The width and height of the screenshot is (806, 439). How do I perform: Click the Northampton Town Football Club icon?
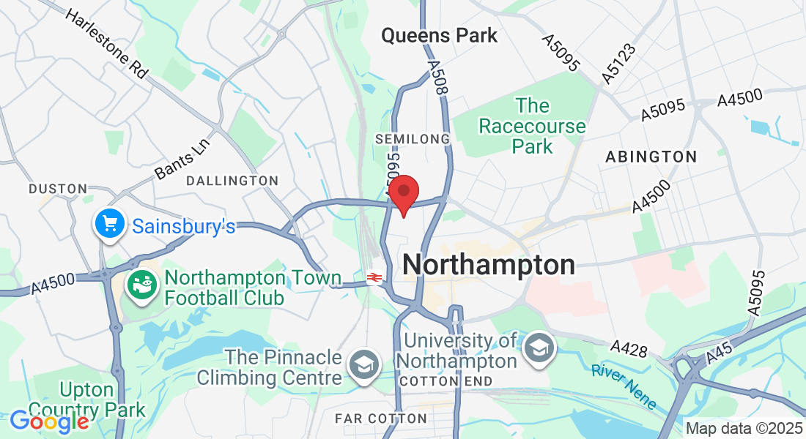coord(143,284)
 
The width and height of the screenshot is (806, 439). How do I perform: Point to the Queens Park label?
coord(439,35)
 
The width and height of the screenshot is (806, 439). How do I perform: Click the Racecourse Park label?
coord(532,126)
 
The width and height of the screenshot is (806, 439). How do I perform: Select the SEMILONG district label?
coord(412,138)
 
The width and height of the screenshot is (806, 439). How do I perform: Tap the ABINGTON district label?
coord(651,157)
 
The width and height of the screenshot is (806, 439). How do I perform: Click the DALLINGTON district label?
coord(232,180)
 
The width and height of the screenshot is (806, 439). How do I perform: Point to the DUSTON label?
coord(58,189)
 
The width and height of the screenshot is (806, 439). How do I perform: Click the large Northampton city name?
coord(489,265)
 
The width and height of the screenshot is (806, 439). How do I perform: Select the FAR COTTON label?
coord(380,419)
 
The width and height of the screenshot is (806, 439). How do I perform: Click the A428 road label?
coord(629,349)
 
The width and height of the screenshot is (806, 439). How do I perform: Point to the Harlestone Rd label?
coord(106,44)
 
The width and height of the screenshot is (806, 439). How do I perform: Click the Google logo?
coord(49,421)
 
